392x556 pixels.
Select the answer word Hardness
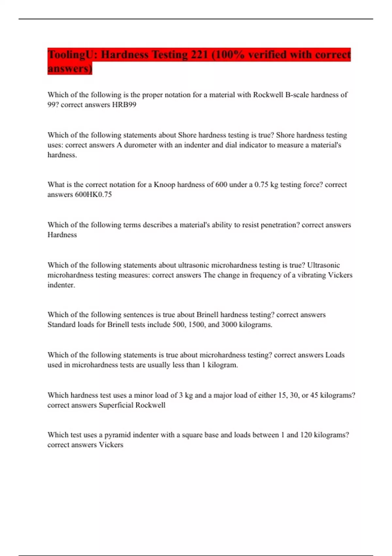click(62, 235)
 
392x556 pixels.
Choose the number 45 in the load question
click(314, 395)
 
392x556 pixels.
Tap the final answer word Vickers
click(111, 445)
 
